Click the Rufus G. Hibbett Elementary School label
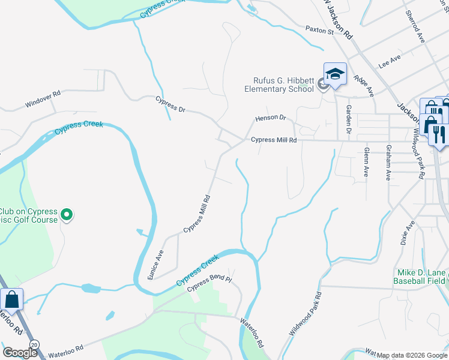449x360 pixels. [279, 85]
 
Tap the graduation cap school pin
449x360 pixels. [335, 74]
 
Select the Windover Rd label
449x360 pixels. [43, 98]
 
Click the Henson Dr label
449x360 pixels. [271, 118]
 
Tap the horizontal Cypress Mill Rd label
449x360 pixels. [274, 140]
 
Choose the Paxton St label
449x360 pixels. [319, 29]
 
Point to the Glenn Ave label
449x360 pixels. [366, 162]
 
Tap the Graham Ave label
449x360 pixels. [388, 161]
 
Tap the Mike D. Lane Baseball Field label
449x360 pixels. [420, 276]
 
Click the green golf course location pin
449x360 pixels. [67, 214]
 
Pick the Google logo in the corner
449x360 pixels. [20, 353]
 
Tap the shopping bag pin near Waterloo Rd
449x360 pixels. [11, 298]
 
